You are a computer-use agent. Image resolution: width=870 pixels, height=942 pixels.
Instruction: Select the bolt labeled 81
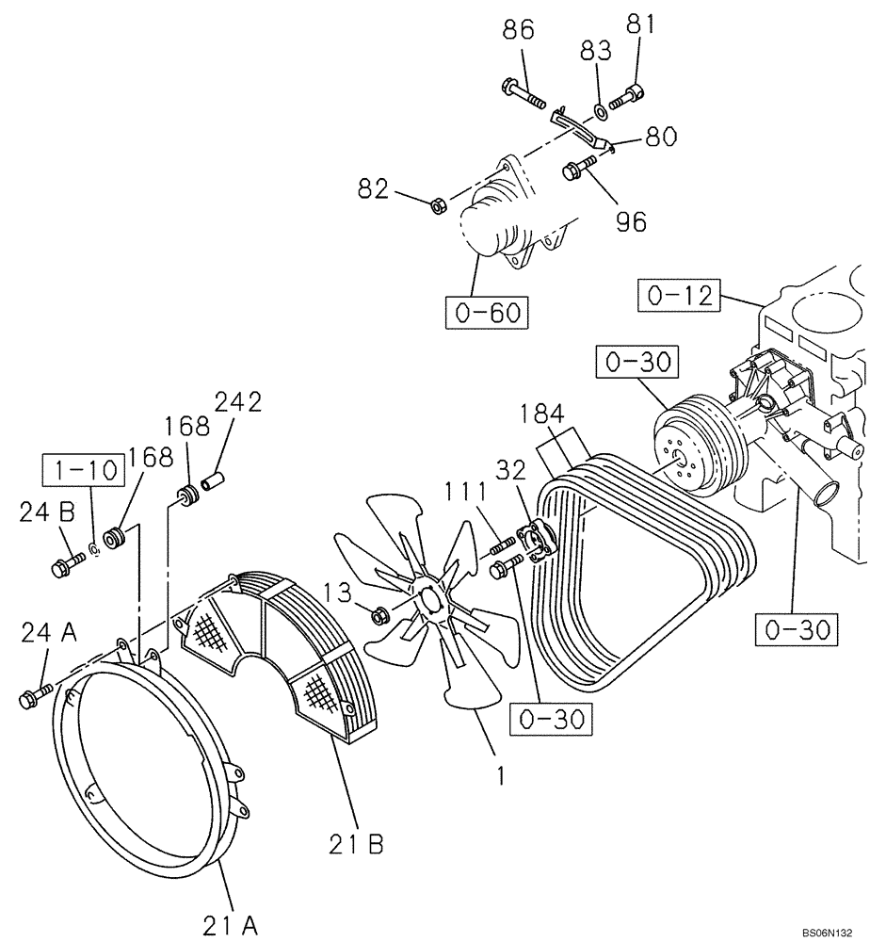(629, 96)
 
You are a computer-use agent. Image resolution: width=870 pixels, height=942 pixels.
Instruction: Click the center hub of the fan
(428, 600)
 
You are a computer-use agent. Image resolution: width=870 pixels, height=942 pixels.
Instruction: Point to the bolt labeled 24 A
(32, 698)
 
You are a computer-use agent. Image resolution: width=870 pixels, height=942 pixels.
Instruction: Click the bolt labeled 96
(577, 170)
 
